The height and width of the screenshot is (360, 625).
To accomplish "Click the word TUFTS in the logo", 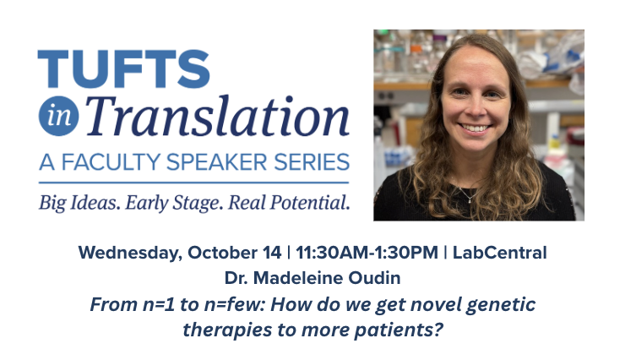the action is tap(123, 68).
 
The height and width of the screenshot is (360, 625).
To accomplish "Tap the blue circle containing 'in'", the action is tap(58, 116).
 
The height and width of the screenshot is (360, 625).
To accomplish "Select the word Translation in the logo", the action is tap(217, 117).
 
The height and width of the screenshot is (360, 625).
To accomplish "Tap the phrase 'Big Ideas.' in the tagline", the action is tap(79, 203).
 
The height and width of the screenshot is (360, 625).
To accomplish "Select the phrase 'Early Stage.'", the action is tap(174, 204).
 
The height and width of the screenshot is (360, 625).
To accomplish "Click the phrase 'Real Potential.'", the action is tap(289, 203).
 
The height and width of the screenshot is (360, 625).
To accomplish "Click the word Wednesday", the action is tap(130, 253).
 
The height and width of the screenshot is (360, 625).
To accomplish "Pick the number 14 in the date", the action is tap(272, 253).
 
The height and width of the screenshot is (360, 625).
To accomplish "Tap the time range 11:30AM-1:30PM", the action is tap(367, 253).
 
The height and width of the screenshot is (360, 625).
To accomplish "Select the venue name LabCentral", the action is tap(499, 253).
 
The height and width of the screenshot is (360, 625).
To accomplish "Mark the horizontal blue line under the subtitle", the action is tap(193, 183).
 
